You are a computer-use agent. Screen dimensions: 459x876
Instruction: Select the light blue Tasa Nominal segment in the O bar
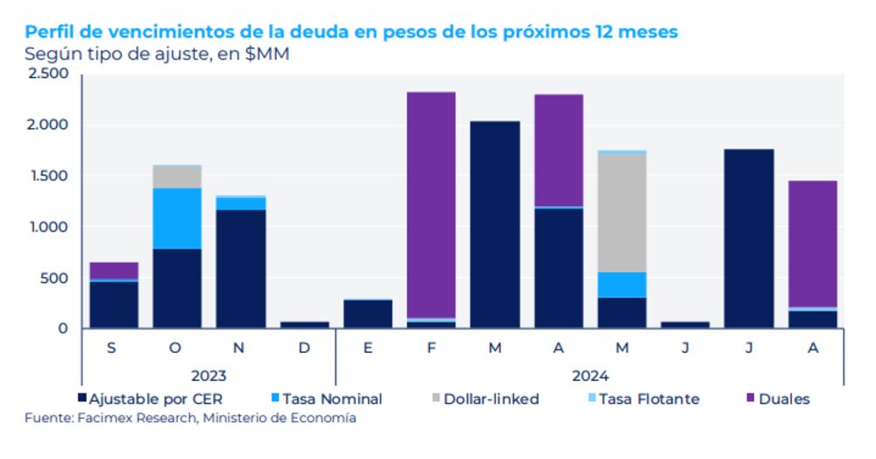point(176,218)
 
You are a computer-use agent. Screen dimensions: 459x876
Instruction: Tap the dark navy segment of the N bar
point(241,268)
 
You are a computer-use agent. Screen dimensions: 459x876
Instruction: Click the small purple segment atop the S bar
point(114,270)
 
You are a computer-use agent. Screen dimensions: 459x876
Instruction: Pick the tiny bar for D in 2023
point(304,324)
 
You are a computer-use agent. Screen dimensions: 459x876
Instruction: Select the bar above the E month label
point(367,314)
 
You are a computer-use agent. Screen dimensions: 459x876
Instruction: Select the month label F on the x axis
point(430,349)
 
